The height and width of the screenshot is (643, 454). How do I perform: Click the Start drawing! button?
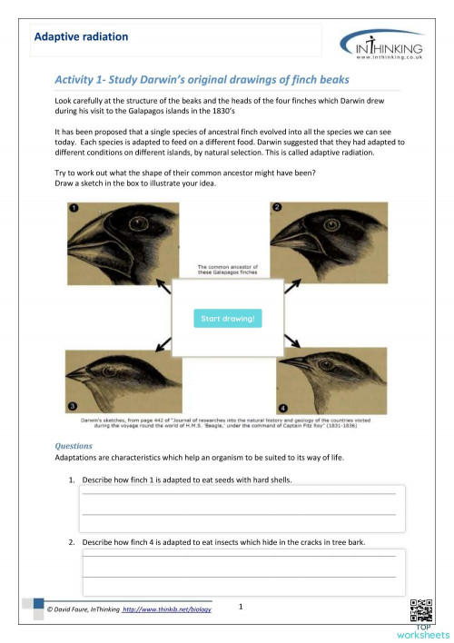point(228,319)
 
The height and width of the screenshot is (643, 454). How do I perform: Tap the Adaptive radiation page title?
point(81,37)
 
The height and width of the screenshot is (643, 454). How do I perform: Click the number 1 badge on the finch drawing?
point(75,208)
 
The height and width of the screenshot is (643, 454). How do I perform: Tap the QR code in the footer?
point(421,610)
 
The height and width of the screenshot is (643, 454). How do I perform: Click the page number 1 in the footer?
point(239,606)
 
